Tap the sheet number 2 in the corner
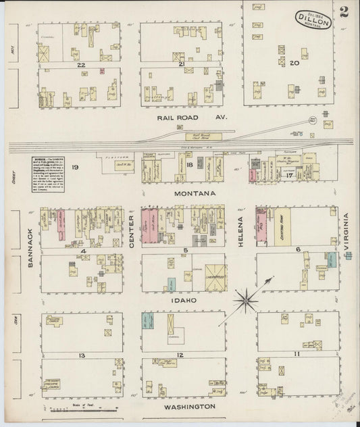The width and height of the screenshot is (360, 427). [345, 12]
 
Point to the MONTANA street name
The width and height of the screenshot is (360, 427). [194, 193]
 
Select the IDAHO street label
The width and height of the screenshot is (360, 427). [184, 299]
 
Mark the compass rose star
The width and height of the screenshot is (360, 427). [249, 296]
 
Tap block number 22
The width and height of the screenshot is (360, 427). [80, 65]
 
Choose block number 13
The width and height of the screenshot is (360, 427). [80, 355]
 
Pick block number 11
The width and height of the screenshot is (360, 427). [296, 354]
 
